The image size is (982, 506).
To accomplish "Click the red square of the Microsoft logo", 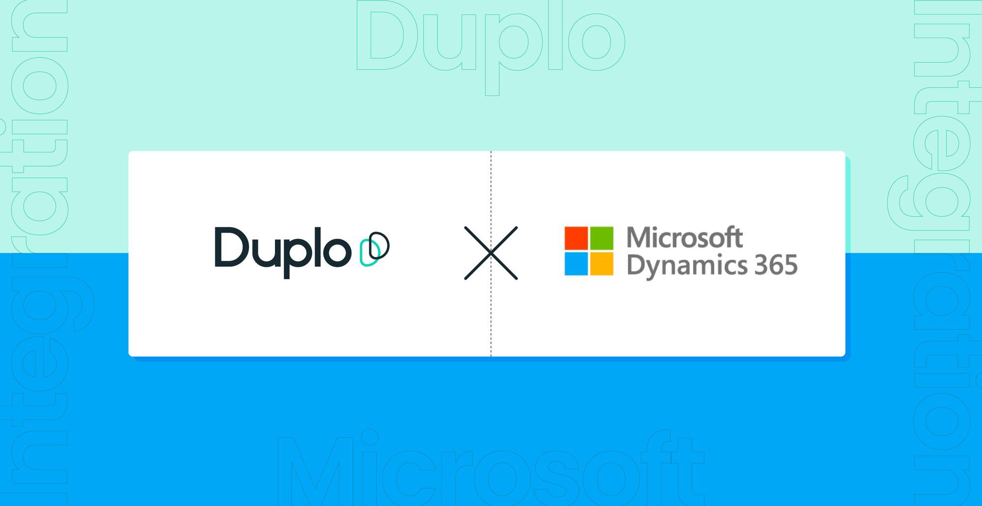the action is tap(576, 238).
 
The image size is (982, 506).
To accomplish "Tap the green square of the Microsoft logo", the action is tap(601, 238).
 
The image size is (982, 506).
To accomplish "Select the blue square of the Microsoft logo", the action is tap(576, 264).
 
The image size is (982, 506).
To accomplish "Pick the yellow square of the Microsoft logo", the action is tap(601, 264).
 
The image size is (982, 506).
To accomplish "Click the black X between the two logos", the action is tap(491, 253).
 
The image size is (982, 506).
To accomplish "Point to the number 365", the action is tap(776, 265).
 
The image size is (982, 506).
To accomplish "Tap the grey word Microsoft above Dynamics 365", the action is tap(684, 238).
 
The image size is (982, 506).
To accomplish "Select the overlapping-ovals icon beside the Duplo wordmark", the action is tap(375, 249).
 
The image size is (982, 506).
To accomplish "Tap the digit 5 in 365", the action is tap(791, 265).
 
